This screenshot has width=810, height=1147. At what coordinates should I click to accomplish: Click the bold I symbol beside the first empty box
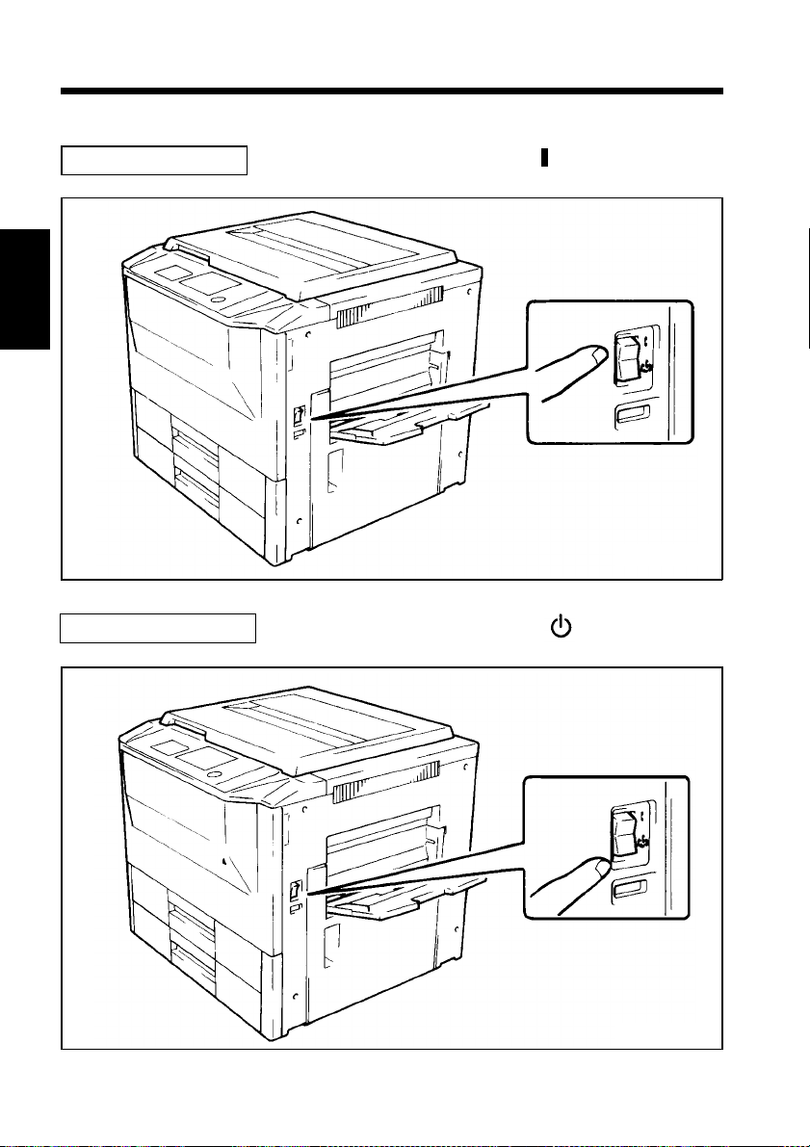pyautogui.click(x=544, y=158)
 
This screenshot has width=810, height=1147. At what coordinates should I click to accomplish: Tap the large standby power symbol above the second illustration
pyautogui.click(x=560, y=627)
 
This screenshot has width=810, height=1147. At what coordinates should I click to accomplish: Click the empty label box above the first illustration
pyautogui.click(x=154, y=160)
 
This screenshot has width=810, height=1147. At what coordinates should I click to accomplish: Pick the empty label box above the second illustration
pyautogui.click(x=159, y=630)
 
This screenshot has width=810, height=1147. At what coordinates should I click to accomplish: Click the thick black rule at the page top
pyautogui.click(x=391, y=91)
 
